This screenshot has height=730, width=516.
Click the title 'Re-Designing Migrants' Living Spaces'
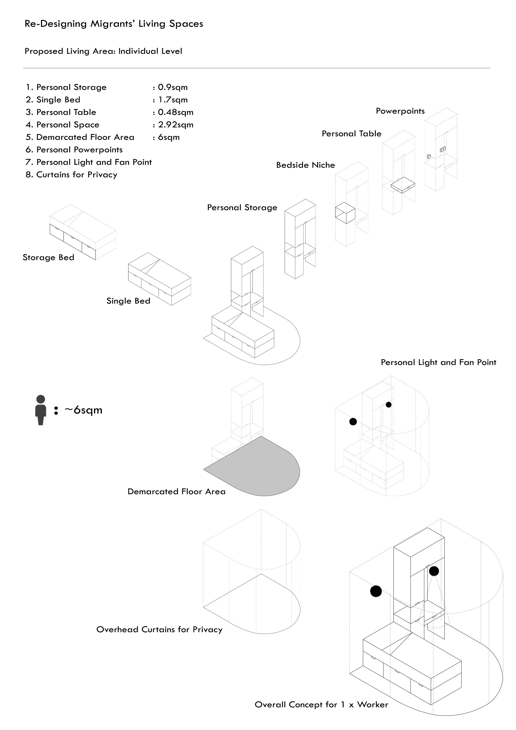(x=114, y=24)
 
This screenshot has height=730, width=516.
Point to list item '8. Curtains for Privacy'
(x=72, y=175)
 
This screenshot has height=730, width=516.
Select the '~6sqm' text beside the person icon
(x=83, y=410)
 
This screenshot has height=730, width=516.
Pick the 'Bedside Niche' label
(x=305, y=165)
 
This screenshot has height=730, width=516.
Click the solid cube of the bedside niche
(x=345, y=212)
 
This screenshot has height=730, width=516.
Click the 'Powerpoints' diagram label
(x=400, y=111)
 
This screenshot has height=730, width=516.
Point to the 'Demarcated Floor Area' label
(x=176, y=492)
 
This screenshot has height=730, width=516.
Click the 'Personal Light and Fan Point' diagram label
(x=438, y=363)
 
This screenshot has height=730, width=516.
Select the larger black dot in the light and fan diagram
(x=353, y=422)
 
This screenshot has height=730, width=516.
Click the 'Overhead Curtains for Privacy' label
(x=159, y=629)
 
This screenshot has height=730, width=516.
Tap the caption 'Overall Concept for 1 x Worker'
(x=321, y=705)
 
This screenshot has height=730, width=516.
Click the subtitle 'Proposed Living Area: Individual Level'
(x=103, y=51)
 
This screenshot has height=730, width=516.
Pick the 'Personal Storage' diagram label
(x=242, y=208)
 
